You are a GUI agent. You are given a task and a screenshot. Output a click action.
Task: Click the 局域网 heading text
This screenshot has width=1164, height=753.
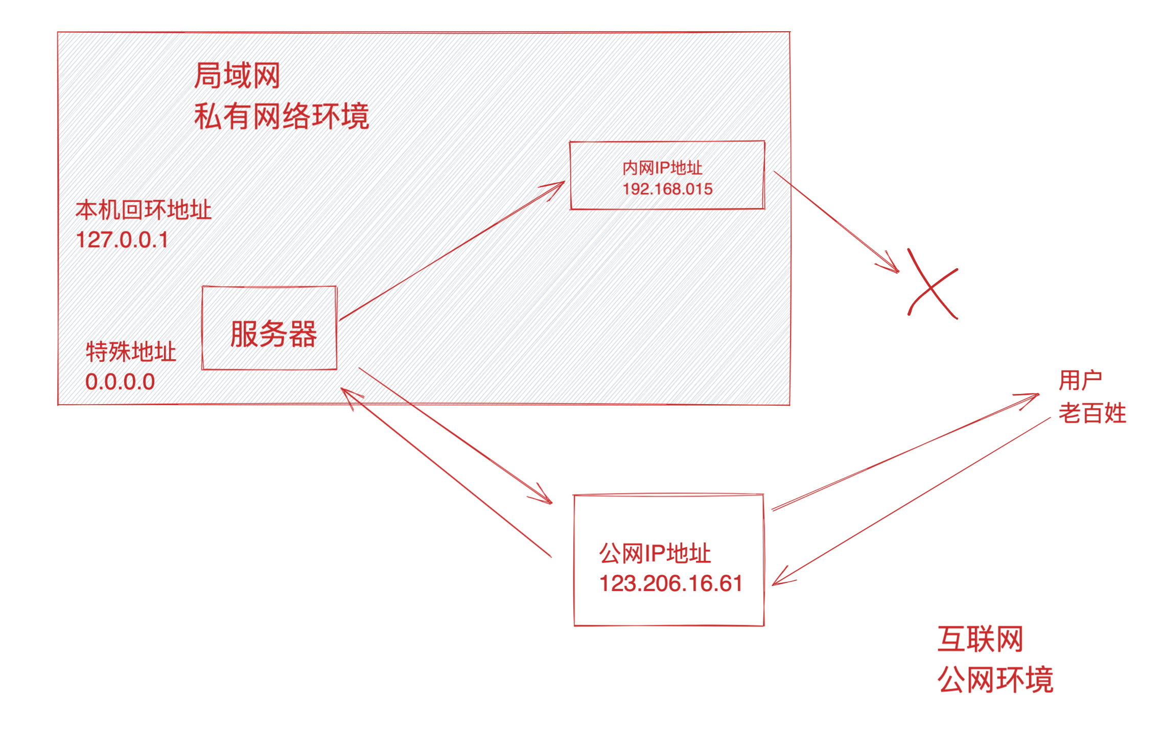pyautogui.click(x=237, y=76)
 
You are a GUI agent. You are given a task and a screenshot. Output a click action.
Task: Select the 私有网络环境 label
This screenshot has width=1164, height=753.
pyautogui.click(x=281, y=116)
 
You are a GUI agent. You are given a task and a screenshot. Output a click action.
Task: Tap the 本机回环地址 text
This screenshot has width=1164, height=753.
pyautogui.click(x=143, y=210)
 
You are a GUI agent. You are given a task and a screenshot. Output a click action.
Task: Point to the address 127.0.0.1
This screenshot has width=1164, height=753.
pyautogui.click(x=122, y=240)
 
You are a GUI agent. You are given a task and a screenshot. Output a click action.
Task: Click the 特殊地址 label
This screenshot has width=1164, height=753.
pyautogui.click(x=131, y=351)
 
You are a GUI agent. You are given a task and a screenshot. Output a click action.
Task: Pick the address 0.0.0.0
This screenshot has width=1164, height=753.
pyautogui.click(x=120, y=382)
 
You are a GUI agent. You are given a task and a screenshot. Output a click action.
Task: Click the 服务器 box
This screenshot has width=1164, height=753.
pyautogui.click(x=270, y=328)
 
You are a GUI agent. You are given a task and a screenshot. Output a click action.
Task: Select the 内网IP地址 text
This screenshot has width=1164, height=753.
pyautogui.click(x=662, y=168)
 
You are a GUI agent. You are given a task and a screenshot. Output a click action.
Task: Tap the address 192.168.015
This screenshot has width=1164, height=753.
pyautogui.click(x=667, y=189)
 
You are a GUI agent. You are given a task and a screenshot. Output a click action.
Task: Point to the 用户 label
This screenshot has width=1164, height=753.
pyautogui.click(x=1080, y=381)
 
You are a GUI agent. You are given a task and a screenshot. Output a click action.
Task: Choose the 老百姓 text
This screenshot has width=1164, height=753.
pyautogui.click(x=1092, y=413)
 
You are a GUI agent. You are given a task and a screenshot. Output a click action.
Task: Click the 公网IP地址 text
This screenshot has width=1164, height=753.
pyautogui.click(x=655, y=554)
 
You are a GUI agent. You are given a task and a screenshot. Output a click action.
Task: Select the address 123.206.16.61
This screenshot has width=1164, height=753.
pyautogui.click(x=671, y=583)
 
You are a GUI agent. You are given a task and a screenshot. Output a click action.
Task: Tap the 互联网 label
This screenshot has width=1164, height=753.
pyautogui.click(x=980, y=639)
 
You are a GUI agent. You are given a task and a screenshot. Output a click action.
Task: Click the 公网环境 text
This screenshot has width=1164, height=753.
pyautogui.click(x=995, y=679)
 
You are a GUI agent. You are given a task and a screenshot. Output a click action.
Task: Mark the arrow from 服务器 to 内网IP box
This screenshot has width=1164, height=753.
pyautogui.click(x=452, y=251)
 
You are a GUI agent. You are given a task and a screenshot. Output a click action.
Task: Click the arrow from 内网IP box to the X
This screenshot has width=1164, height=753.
pyautogui.click(x=836, y=221)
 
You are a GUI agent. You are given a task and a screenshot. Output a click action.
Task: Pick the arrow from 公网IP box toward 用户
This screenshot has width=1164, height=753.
pyautogui.click(x=904, y=452)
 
